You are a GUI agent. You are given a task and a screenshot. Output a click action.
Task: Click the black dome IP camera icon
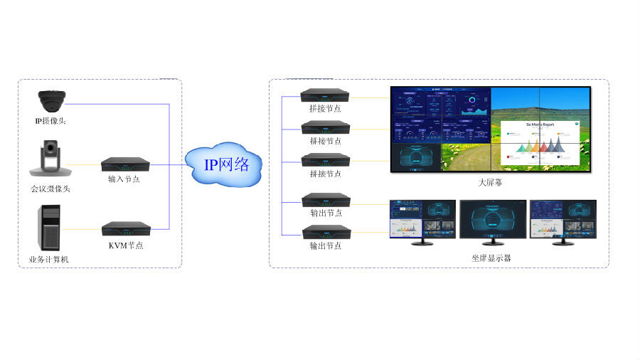[x=52, y=100]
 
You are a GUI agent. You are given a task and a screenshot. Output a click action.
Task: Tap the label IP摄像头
[x=50, y=121]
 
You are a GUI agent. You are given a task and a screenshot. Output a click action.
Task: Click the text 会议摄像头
[x=50, y=189]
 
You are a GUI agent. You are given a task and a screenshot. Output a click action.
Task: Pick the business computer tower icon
[x=49, y=227]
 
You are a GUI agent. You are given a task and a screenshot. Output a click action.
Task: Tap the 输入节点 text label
[x=124, y=179]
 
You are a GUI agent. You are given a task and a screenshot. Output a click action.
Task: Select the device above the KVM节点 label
[x=126, y=229]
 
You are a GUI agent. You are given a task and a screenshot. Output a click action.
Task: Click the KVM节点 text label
[x=126, y=245]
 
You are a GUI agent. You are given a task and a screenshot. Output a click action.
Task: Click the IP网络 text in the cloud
[x=227, y=165]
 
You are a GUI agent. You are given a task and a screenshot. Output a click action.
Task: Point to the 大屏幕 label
[x=490, y=183]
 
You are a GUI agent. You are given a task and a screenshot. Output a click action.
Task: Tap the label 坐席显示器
[x=491, y=258]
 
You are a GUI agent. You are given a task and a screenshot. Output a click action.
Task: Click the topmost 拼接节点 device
[x=325, y=95]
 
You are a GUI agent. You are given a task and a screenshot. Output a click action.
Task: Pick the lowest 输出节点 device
[x=326, y=233]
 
